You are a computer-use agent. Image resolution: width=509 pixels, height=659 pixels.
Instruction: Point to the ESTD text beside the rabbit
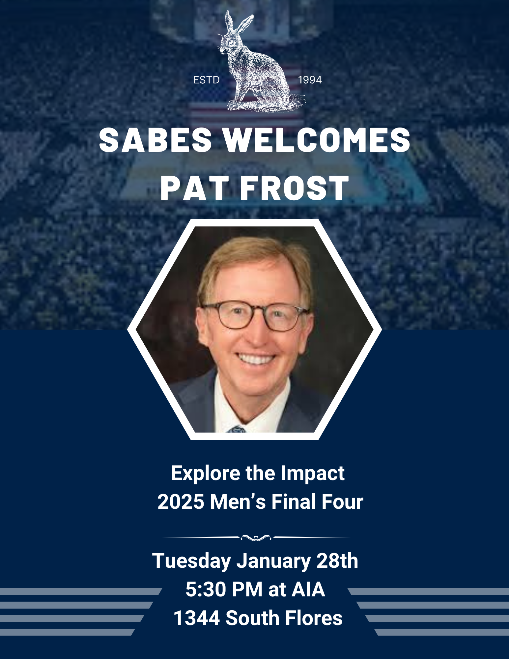[x=207, y=80]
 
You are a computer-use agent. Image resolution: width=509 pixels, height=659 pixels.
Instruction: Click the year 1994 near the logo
[x=310, y=80]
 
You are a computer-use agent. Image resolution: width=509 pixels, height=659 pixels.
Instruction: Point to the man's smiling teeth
[x=256, y=358]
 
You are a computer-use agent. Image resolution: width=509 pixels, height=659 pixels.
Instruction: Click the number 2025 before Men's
[x=181, y=502]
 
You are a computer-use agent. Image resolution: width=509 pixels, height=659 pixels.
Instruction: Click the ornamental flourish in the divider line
[x=256, y=537]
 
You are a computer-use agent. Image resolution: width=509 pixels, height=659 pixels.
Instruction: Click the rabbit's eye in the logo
[x=231, y=43]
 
